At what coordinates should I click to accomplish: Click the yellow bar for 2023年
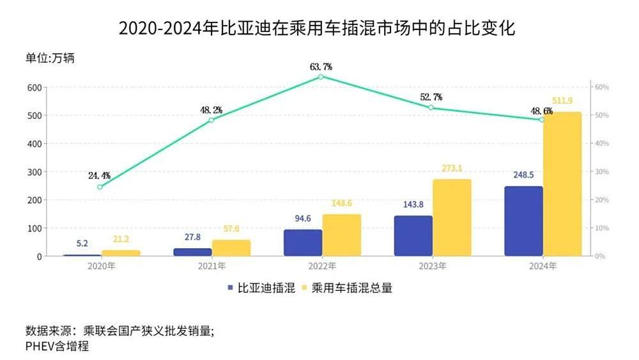(452, 217)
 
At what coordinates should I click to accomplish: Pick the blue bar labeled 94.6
(303, 242)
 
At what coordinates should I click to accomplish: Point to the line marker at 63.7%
(321, 77)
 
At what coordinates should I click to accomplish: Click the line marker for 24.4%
(100, 187)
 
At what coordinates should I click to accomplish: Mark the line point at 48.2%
(211, 120)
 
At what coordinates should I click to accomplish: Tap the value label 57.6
(231, 228)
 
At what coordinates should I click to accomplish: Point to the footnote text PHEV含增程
(57, 346)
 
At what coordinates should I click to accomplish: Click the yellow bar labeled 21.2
(121, 253)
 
